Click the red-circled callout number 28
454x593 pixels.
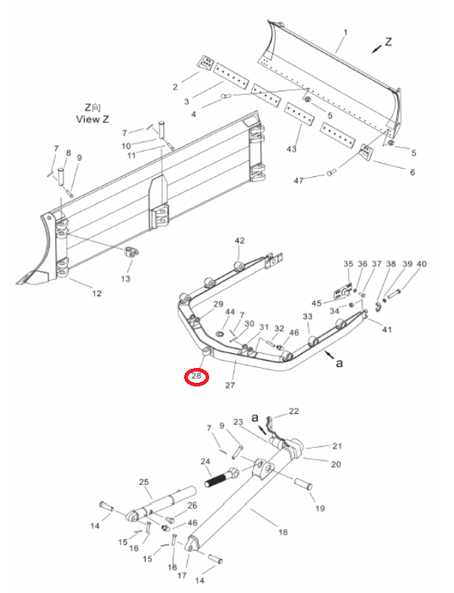(197, 376)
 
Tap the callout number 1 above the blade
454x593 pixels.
(345, 33)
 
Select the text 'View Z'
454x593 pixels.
(92, 119)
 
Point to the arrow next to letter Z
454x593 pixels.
(376, 48)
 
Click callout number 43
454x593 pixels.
(291, 149)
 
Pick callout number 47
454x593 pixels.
(299, 181)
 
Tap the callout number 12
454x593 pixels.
(97, 293)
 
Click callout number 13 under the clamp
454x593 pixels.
(126, 278)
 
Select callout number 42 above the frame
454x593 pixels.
(240, 241)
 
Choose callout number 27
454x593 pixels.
(230, 385)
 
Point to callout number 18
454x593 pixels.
(283, 532)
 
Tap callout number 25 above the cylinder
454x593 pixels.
(144, 482)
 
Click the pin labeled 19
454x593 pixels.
(303, 483)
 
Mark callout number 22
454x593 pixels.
(294, 411)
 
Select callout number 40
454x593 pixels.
(421, 264)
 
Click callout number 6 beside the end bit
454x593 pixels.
(413, 172)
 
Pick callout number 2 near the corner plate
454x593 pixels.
(175, 87)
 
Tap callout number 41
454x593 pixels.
(387, 329)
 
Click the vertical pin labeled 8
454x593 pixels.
(60, 177)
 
